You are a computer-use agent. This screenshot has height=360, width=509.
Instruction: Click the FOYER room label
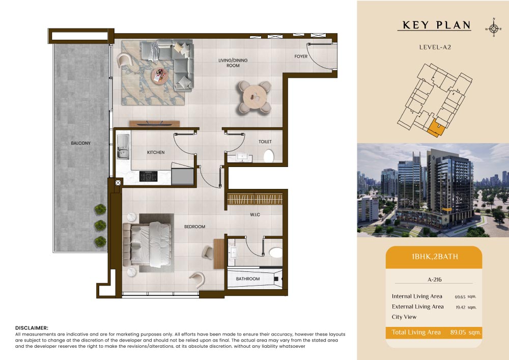point(301,57)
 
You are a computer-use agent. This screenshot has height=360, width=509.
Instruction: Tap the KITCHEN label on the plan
point(156,152)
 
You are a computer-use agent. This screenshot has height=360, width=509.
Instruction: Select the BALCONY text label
point(81,143)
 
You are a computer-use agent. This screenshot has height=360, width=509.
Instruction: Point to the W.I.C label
point(255,214)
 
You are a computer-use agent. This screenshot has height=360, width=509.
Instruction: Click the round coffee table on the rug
point(160,76)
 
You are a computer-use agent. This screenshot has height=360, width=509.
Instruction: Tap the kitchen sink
point(123,147)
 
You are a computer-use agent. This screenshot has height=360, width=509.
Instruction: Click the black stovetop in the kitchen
point(148,176)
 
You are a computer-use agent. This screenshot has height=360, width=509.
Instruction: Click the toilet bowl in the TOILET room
point(268,156)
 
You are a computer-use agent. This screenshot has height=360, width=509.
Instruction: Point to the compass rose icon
point(493,29)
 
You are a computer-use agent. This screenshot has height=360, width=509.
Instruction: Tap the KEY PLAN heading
point(436,25)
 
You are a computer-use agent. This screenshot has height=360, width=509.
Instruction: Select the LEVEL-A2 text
point(435,47)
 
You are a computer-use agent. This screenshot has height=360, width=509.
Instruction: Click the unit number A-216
point(435,280)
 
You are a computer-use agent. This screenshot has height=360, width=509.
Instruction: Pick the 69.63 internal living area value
point(460,297)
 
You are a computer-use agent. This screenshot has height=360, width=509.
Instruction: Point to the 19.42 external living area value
point(460,307)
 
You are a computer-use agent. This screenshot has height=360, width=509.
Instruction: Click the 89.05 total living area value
point(458,332)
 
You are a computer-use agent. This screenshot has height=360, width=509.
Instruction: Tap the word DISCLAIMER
point(32,328)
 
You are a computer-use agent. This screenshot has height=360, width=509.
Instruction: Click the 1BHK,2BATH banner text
point(435,257)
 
